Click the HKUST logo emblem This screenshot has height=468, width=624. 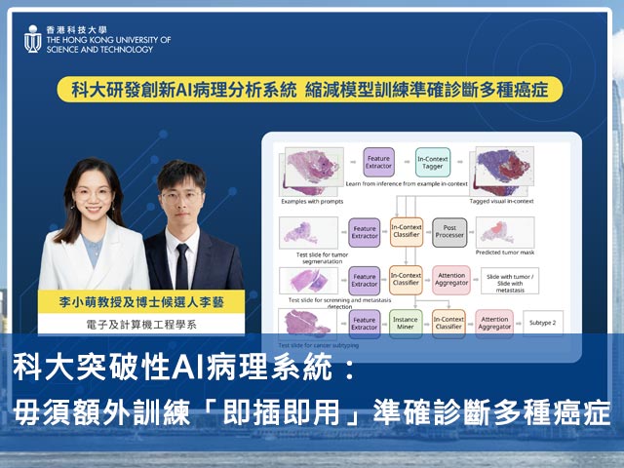[32, 40]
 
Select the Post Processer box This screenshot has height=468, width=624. [449, 231]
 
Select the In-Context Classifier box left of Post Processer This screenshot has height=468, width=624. [406, 231]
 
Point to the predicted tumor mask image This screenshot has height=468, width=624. [505, 230]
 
